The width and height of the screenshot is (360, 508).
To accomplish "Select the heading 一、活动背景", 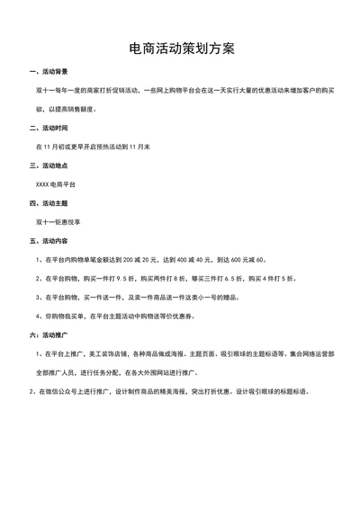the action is [x=49, y=71].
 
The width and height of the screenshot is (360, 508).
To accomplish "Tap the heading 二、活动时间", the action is [x=49, y=128].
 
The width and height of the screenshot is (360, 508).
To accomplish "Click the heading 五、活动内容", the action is [x=49, y=242].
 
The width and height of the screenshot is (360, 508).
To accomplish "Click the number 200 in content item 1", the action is [x=127, y=260].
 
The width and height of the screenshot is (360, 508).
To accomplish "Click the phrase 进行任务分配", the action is [x=105, y=372].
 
